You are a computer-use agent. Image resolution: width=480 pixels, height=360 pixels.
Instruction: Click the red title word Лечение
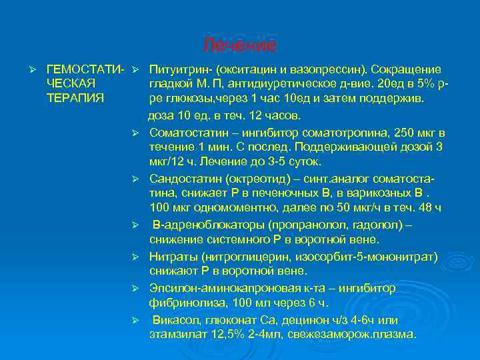[239, 45]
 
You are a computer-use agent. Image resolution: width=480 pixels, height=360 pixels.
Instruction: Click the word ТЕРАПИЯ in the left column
[75, 98]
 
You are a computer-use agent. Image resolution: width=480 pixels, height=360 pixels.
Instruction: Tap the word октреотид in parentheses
[256, 179]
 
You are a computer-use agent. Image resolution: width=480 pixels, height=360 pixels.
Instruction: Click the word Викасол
[174, 320]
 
